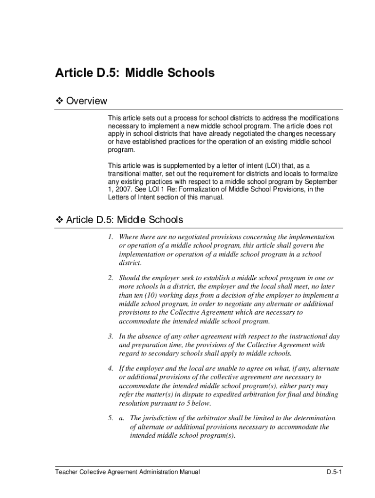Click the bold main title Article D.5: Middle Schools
click(x=134, y=73)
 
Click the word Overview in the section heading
click(x=86, y=101)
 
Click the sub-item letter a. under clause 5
click(x=122, y=418)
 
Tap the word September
click(x=321, y=181)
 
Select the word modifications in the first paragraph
click(x=318, y=118)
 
